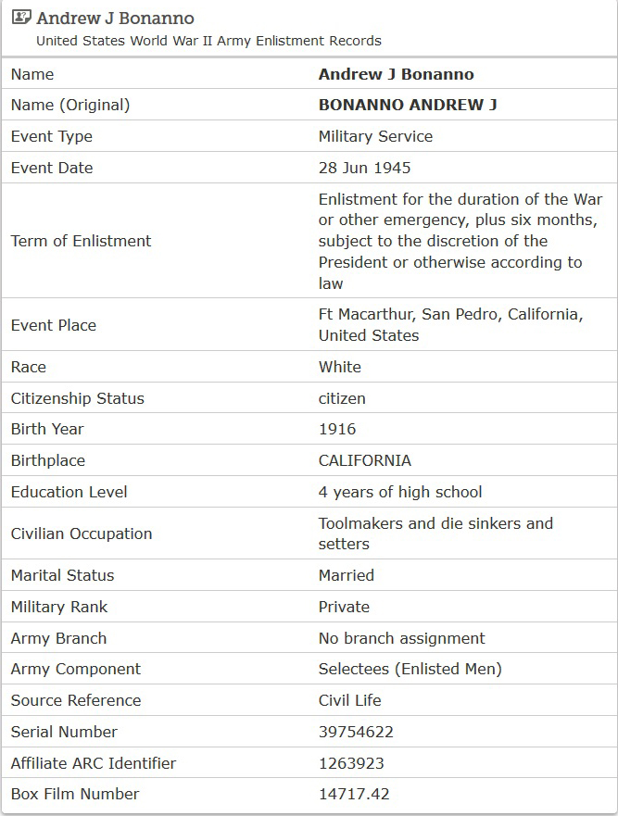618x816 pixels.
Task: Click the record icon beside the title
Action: click(21, 18)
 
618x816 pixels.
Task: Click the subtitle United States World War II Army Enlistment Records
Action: click(208, 41)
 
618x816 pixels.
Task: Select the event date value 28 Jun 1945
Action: click(364, 168)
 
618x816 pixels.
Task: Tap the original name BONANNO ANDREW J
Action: click(408, 105)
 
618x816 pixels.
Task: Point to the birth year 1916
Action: click(337, 429)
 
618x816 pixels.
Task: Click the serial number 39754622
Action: click(356, 732)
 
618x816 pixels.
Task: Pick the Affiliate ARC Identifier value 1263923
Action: click(351, 763)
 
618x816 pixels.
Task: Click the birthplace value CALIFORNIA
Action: click(364, 460)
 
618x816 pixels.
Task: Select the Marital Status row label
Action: click(62, 575)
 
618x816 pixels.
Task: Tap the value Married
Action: click(347, 575)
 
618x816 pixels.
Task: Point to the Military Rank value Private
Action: click(344, 607)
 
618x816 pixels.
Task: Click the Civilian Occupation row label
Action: click(82, 534)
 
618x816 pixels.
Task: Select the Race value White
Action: click(340, 367)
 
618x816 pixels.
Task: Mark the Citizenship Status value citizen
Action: click(342, 398)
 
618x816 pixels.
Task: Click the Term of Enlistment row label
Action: click(81, 241)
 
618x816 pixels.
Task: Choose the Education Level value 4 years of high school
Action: click(400, 492)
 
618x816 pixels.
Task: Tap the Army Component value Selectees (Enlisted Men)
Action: click(410, 669)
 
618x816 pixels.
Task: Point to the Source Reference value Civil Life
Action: click(350, 700)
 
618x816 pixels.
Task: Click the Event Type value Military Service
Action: click(375, 136)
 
